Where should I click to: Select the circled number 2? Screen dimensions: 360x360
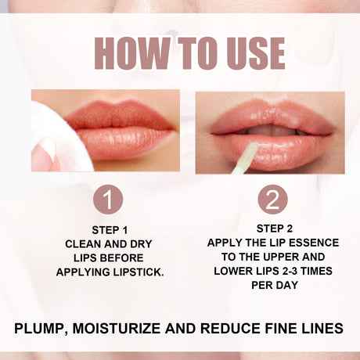272,200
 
